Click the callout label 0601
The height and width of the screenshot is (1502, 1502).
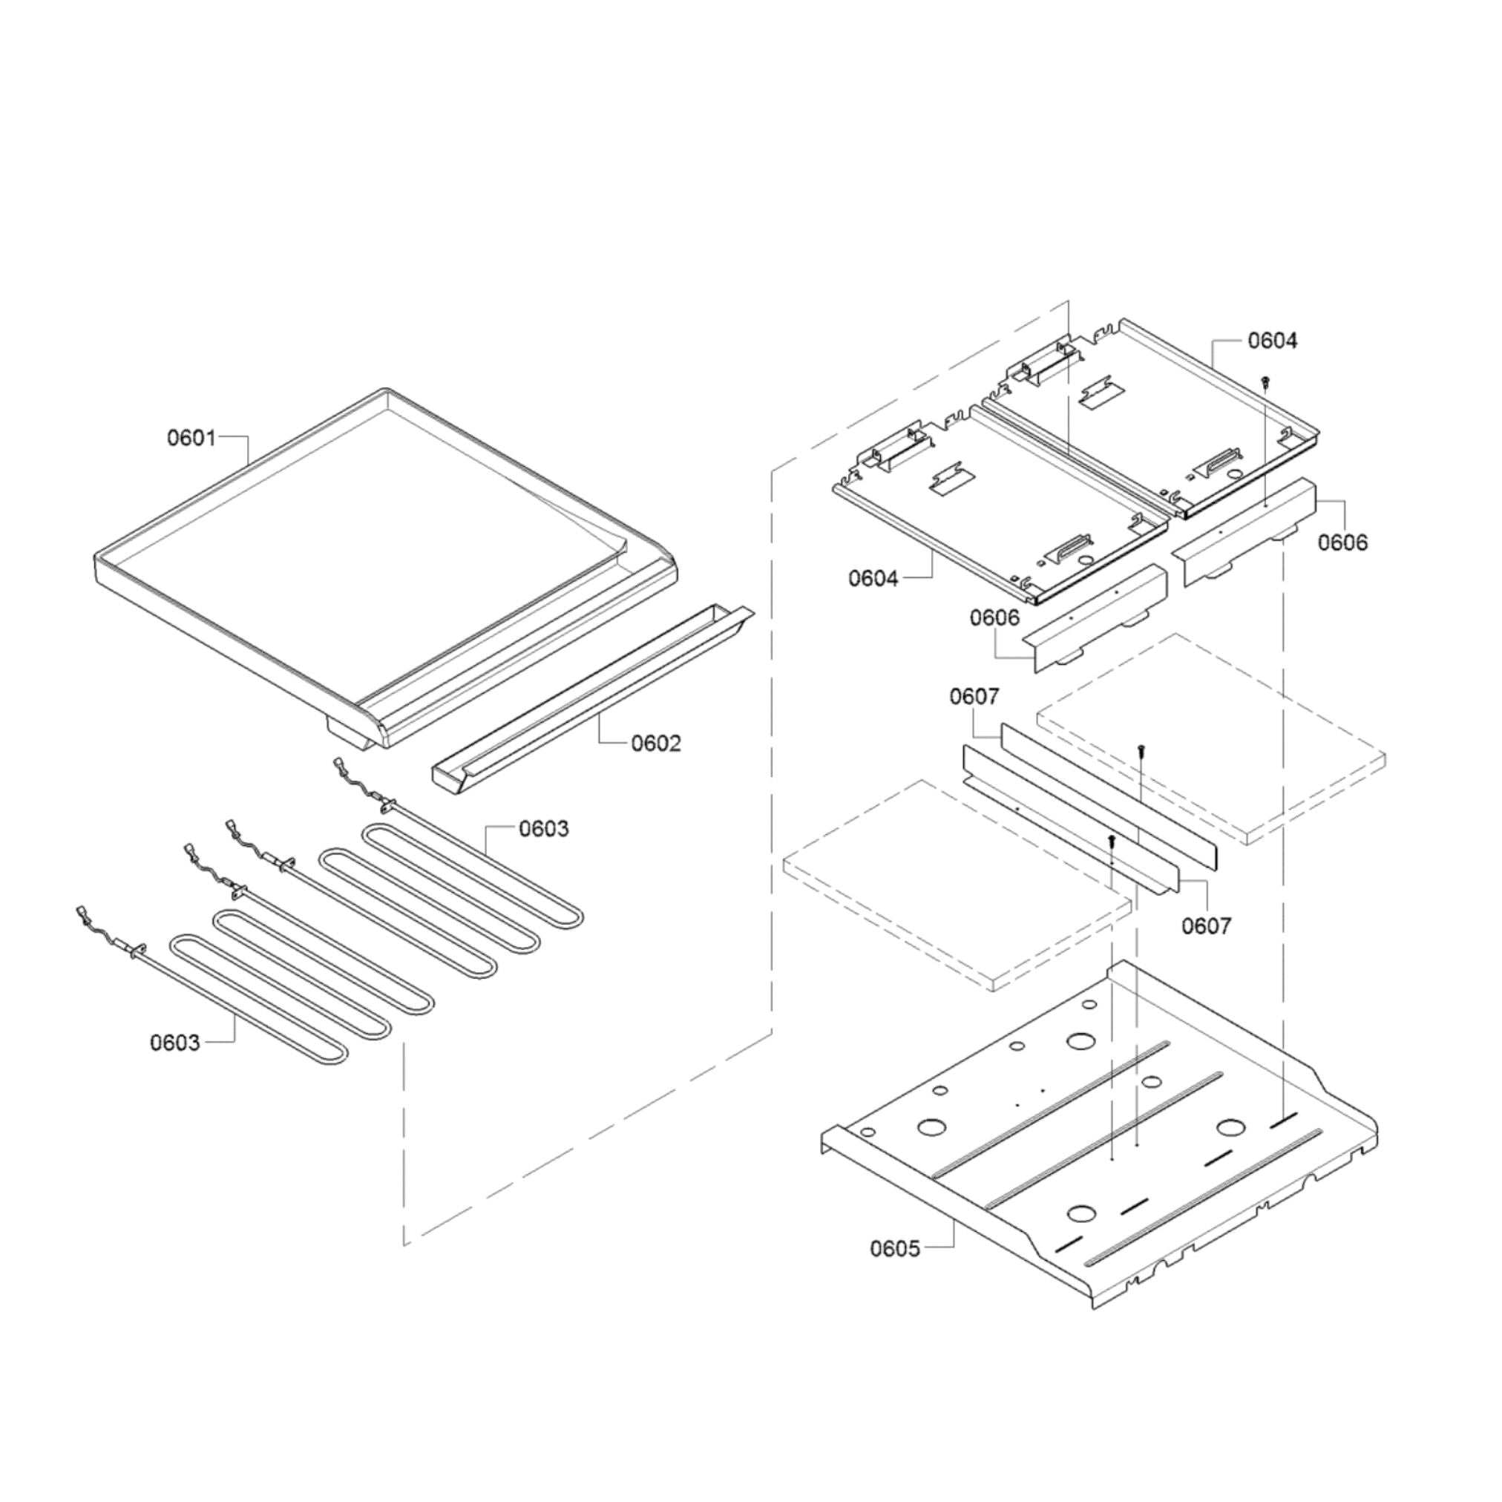pos(191,439)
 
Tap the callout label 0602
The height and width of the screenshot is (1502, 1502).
pos(655,744)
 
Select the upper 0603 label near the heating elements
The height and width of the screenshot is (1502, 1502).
pos(543,829)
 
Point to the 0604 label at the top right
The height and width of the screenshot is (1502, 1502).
pos(1273,341)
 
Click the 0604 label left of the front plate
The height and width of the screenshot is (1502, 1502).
pos(873,578)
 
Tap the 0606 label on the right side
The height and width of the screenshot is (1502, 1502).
pos(1342,542)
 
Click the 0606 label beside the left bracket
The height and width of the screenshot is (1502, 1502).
pos(994,618)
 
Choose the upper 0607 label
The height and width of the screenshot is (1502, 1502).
pos(974,697)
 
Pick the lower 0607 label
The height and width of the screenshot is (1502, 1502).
pos(1207,926)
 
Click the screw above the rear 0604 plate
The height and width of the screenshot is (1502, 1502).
pos(1267,381)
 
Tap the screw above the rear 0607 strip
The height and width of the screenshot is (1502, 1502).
pos(1140,750)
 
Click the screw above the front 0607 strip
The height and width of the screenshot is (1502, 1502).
pos(1112,839)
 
